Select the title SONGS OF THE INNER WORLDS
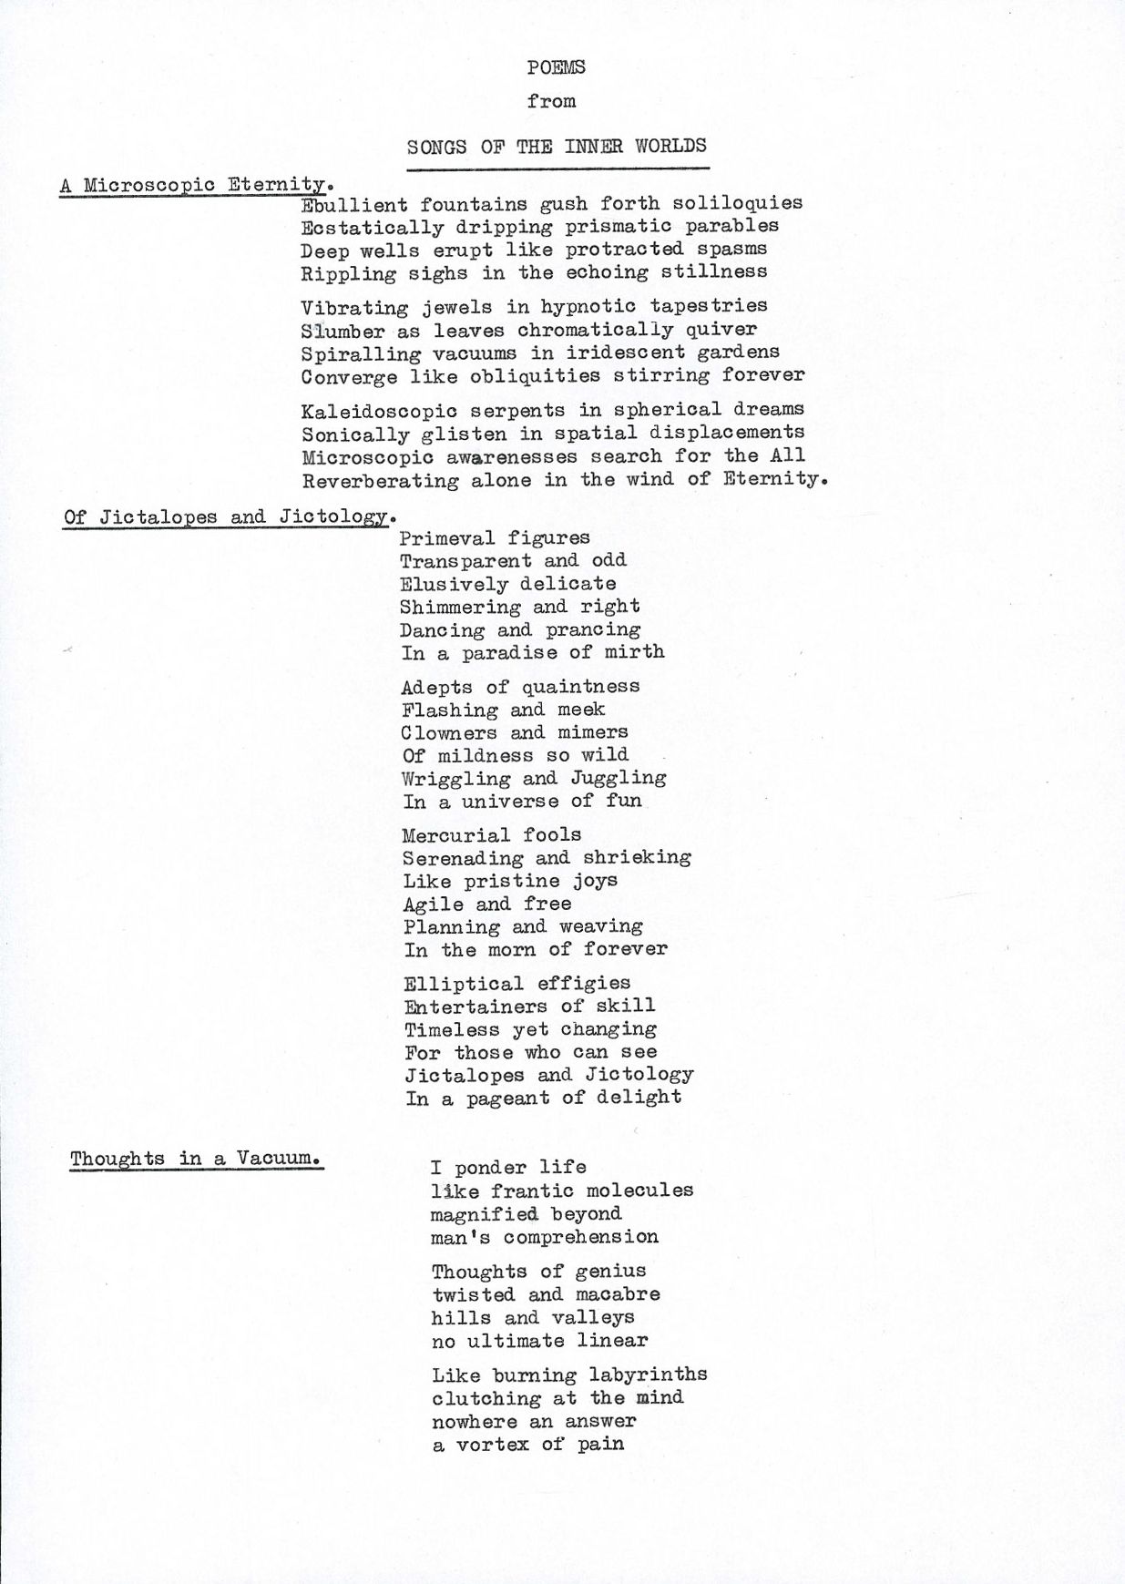click(x=557, y=147)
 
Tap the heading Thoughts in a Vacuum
click(x=195, y=1159)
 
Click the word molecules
click(x=639, y=1191)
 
